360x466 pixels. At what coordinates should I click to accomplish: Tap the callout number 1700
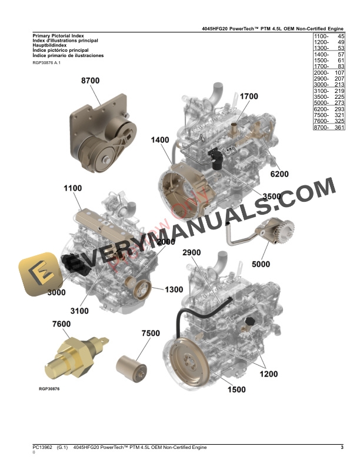pos(249,96)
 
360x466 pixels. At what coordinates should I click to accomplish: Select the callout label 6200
pos(279,174)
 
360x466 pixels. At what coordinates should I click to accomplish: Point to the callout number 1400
pos(160,140)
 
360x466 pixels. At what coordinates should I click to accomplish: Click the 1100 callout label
pos(74,188)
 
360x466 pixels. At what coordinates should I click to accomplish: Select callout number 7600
pos(62,324)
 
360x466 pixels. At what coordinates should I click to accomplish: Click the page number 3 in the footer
pos(342,448)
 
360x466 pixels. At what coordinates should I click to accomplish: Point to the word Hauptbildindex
pos(49,46)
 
